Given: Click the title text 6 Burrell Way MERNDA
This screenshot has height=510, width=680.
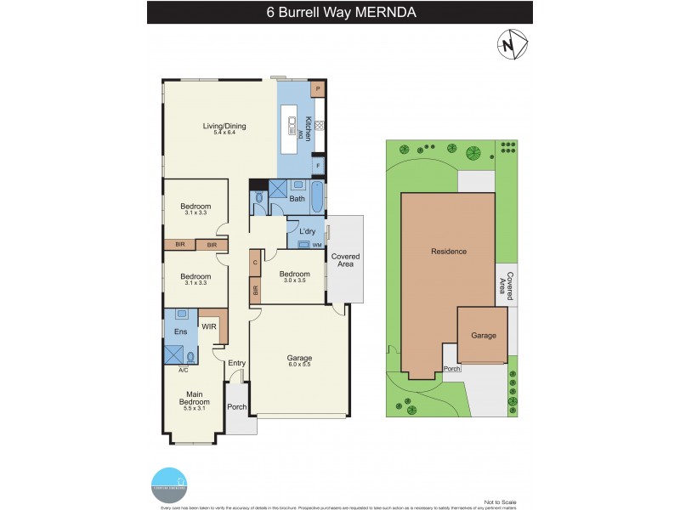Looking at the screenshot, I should coord(340,12).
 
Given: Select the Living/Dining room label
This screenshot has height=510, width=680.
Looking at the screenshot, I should coord(224,127).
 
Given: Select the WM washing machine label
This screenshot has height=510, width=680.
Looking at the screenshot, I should coord(317,246).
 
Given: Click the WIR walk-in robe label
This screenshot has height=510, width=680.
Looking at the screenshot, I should coord(208,325).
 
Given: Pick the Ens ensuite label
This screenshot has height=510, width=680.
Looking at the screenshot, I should coord(180,331).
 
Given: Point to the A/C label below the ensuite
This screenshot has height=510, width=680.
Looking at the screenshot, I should coord(183,371).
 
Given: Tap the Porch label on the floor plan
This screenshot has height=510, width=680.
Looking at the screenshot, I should coord(237,406).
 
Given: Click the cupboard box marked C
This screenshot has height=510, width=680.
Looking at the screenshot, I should coord(256,263).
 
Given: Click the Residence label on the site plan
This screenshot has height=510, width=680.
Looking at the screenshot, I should coord(449,252).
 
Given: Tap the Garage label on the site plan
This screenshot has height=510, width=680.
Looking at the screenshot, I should coord(484,336).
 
